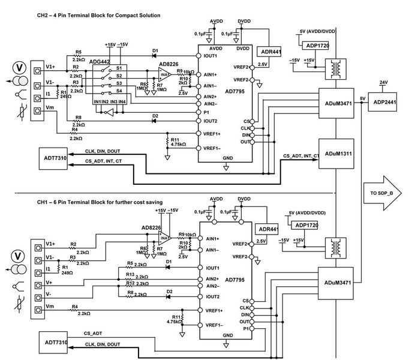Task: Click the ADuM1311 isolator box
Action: coord(338,154)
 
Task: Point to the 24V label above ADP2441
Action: coord(384,83)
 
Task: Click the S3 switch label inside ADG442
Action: coord(120,83)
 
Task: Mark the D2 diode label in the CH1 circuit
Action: coord(169,291)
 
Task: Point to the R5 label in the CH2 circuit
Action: coord(79,52)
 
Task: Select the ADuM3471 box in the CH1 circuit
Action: coord(338,282)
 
